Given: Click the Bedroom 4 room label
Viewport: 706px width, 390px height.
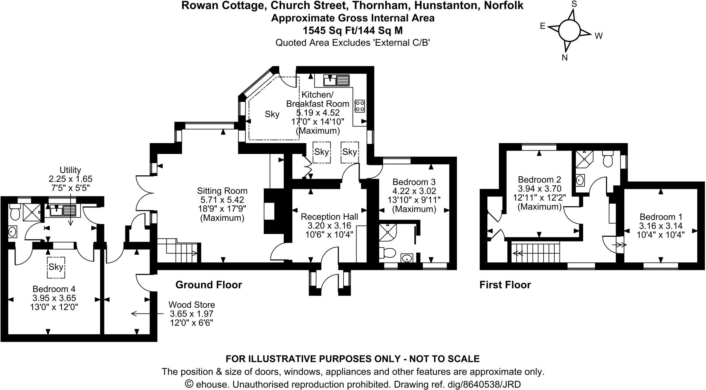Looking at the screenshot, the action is click(x=54, y=289).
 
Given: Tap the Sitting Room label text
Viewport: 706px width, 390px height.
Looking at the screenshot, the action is click(x=222, y=191).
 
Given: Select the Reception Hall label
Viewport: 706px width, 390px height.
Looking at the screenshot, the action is click(x=330, y=217).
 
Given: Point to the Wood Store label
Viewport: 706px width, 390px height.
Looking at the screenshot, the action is click(x=192, y=305).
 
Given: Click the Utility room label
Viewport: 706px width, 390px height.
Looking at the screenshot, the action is click(x=70, y=170).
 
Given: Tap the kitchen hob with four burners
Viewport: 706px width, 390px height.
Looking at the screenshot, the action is click(x=360, y=106).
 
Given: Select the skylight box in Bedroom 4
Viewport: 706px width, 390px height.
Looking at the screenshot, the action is click(x=56, y=267).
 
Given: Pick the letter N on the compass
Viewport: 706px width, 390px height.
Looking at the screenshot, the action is click(x=565, y=58).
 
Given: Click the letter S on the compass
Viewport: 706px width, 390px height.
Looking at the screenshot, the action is click(x=574, y=4).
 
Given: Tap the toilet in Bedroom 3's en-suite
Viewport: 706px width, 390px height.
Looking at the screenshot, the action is click(x=386, y=253).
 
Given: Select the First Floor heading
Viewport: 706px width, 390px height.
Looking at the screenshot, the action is click(x=505, y=285).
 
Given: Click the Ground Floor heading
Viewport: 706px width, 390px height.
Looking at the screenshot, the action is click(x=209, y=285).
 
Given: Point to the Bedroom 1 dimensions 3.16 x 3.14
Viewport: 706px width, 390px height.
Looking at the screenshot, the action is click(x=661, y=226).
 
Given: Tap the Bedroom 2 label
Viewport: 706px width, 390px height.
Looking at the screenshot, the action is click(x=539, y=179).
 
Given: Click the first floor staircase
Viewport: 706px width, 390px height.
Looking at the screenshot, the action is click(x=535, y=253).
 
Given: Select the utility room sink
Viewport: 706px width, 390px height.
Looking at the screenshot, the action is click(x=63, y=211).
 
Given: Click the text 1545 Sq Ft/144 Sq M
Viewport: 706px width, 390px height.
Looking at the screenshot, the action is click(x=353, y=31).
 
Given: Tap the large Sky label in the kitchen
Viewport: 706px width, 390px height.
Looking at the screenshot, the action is click(x=272, y=114).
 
